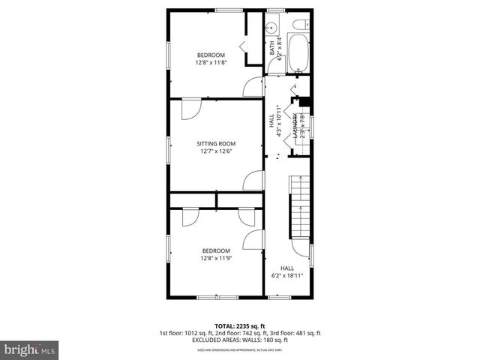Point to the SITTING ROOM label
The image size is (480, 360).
[216, 143]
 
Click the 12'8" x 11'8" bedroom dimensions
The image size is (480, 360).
[211, 62]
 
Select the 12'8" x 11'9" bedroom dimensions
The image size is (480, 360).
[215, 258]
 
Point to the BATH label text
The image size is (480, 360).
[271, 47]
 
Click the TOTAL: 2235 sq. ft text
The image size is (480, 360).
[239, 325]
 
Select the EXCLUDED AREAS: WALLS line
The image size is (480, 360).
[239, 340]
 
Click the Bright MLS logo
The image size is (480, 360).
[29, 349]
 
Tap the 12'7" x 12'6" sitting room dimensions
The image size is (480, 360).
[216, 151]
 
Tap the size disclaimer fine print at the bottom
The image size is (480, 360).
[239, 349]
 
